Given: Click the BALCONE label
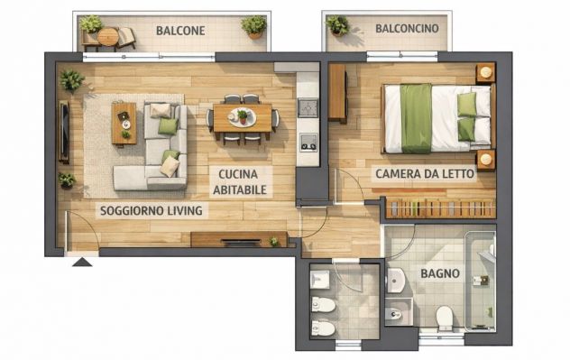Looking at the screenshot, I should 180,31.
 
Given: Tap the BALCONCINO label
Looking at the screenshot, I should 407,29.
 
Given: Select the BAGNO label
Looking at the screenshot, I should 440,273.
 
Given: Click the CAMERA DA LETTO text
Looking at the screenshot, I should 425,173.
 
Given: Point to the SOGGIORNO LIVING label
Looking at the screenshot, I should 151,210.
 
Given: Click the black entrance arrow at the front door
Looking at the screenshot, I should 81,262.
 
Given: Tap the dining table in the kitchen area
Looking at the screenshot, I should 241,118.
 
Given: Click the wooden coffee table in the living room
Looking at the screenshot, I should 124,122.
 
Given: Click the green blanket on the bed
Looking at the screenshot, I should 416,118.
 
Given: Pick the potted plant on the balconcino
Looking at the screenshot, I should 337,26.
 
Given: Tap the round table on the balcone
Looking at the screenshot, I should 108,37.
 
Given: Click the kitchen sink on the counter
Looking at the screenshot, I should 308,107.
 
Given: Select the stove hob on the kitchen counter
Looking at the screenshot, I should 308,142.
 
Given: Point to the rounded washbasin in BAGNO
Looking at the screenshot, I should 395,281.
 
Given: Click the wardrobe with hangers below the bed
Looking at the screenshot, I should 441,209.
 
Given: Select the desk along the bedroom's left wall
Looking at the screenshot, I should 337,92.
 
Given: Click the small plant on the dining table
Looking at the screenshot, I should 241,115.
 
